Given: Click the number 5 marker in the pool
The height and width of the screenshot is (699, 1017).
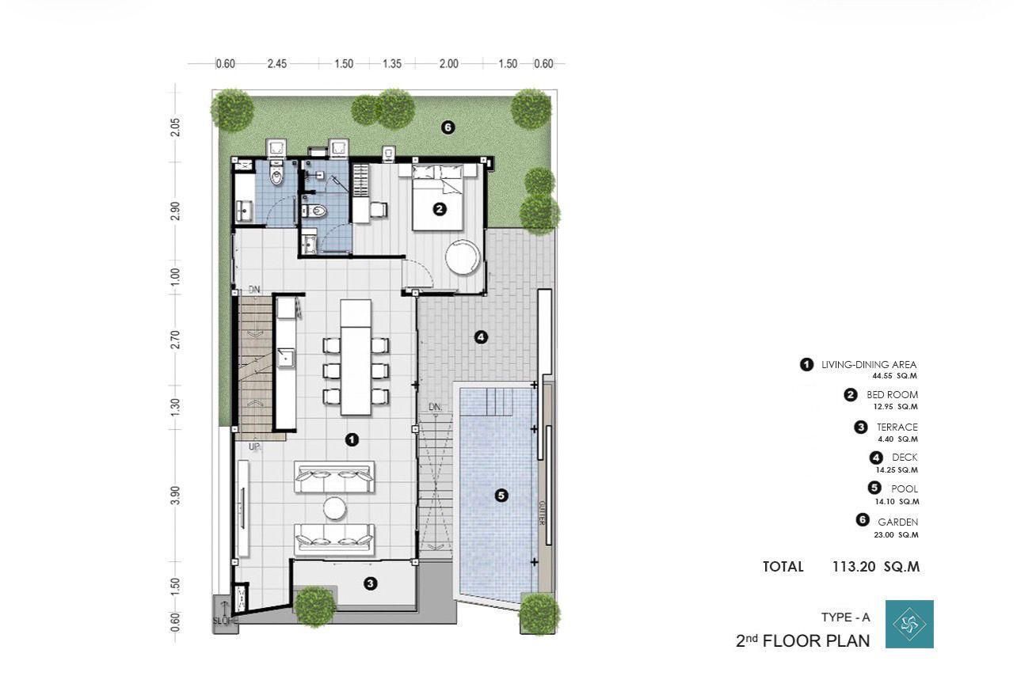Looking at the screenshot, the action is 501,496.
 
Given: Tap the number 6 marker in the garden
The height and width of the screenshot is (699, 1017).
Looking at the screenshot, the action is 448,127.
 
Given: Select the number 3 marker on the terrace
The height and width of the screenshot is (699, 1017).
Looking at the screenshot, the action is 371,583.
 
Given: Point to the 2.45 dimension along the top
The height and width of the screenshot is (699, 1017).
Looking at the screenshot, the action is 277,64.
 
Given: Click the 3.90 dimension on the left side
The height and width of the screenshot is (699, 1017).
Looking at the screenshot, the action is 175,495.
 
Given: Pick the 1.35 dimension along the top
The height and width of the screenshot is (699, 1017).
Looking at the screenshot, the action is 392,64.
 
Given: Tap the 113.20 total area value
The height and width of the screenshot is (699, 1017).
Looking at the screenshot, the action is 854,567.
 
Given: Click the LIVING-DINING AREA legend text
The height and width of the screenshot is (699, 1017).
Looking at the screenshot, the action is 869,364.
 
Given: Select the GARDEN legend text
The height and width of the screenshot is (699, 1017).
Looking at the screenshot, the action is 897,522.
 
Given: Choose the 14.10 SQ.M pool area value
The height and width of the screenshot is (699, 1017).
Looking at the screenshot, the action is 897,502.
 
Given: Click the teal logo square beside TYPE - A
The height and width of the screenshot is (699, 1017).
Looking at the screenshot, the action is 909,624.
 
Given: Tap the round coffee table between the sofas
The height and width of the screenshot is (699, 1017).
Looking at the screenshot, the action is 335,508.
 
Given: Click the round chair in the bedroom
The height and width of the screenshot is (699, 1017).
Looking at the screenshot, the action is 463,257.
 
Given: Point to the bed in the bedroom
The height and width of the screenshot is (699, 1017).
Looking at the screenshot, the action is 438,198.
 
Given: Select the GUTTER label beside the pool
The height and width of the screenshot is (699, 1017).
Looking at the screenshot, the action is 541,513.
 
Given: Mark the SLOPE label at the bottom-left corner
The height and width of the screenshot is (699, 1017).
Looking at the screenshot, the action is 225,620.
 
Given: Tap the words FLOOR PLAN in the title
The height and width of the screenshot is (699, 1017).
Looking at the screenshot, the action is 817,641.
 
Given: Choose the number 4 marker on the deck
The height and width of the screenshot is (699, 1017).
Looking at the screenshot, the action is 481,337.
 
